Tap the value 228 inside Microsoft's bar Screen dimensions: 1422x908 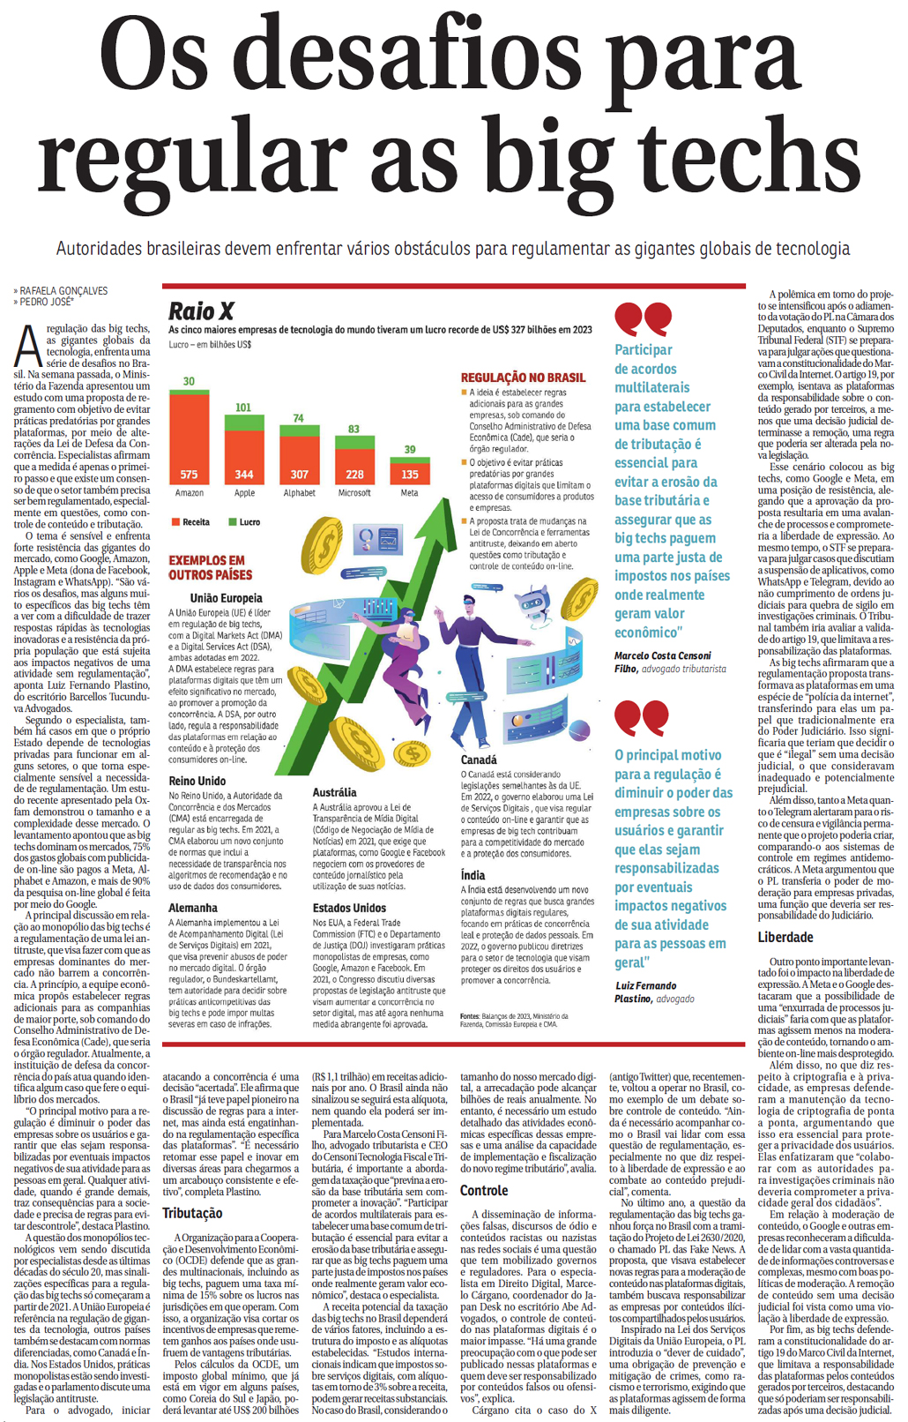[x=354, y=474]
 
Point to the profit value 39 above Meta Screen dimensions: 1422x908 [x=410, y=449]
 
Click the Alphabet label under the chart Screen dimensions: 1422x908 [x=299, y=493]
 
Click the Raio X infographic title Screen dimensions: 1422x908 [x=201, y=311]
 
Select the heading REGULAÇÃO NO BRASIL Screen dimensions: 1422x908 [x=523, y=378]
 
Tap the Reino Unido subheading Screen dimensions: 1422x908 [x=197, y=781]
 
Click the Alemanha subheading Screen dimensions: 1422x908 [x=192, y=908]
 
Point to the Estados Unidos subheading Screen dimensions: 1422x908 [x=349, y=908]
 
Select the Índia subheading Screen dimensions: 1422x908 [x=473, y=875]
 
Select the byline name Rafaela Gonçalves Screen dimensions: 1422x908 [x=63, y=290]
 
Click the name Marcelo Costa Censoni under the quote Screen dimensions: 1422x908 [x=662, y=655]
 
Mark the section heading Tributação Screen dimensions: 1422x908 [x=192, y=1213]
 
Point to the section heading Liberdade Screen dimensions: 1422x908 [x=785, y=937]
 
